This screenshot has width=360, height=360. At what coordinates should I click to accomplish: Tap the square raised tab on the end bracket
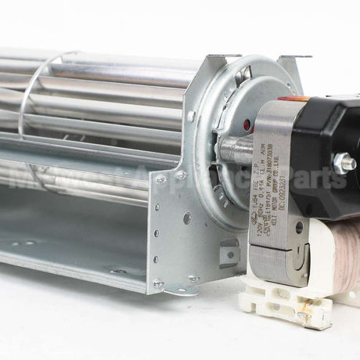click(x=229, y=252)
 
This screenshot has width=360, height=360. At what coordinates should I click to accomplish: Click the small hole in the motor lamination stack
click(x=299, y=228)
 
